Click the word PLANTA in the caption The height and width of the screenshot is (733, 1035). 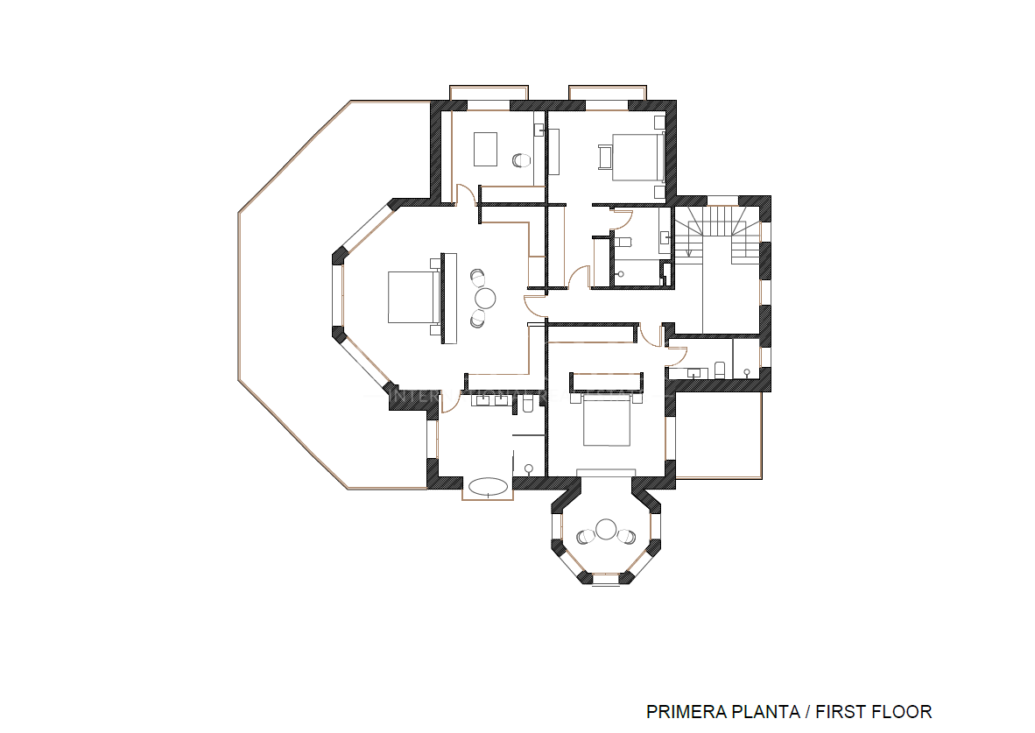pyautogui.click(x=759, y=711)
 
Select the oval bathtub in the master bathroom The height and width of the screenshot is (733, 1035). pyautogui.click(x=489, y=486)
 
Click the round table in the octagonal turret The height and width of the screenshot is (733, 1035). pyautogui.click(x=607, y=529)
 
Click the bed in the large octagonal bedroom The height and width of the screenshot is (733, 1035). pyautogui.click(x=412, y=297)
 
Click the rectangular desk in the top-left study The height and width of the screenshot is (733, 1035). pyautogui.click(x=486, y=149)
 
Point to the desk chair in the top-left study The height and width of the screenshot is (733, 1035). pyautogui.click(x=521, y=160)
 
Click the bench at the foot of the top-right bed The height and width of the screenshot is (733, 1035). pyautogui.click(x=602, y=157)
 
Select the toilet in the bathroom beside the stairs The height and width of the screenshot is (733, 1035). pyautogui.click(x=623, y=243)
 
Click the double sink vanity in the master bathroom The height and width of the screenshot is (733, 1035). pyautogui.click(x=491, y=402)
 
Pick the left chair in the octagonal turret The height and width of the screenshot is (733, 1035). pyautogui.click(x=587, y=536)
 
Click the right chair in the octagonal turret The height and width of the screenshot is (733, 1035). pyautogui.click(x=626, y=536)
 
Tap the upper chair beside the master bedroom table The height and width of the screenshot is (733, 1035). pyautogui.click(x=478, y=277)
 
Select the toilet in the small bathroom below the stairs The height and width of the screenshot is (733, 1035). pyautogui.click(x=720, y=370)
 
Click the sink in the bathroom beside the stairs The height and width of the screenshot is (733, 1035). pyautogui.click(x=665, y=236)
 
